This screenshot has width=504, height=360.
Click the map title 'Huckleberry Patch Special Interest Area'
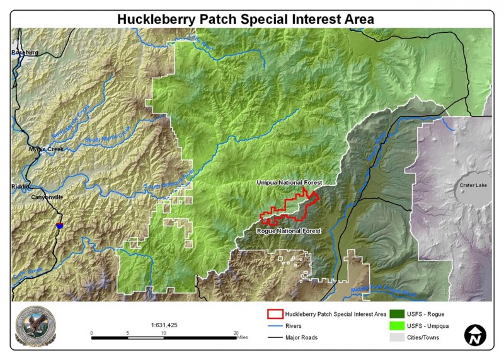pyautogui.click(x=246, y=19)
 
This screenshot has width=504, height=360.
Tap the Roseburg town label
pyautogui.click(x=25, y=53)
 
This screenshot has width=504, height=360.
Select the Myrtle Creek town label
pyautogui.click(x=43, y=149)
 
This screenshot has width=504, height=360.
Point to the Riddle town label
pyautogui.click(x=20, y=187)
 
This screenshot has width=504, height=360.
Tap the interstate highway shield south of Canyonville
pyautogui.click(x=59, y=224)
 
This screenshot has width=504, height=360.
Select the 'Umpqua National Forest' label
pyautogui.click(x=289, y=182)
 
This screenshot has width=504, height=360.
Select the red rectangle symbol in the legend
pyautogui.click(x=274, y=313)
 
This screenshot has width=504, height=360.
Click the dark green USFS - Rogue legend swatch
pyautogui.click(x=398, y=313)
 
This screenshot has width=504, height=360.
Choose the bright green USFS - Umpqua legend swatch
pyautogui.click(x=398, y=325)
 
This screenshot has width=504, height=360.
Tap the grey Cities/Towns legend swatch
pyautogui.click(x=398, y=337)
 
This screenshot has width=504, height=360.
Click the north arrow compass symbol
pyautogui.click(x=476, y=335)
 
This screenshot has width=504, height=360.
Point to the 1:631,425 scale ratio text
pyautogui.click(x=164, y=325)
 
